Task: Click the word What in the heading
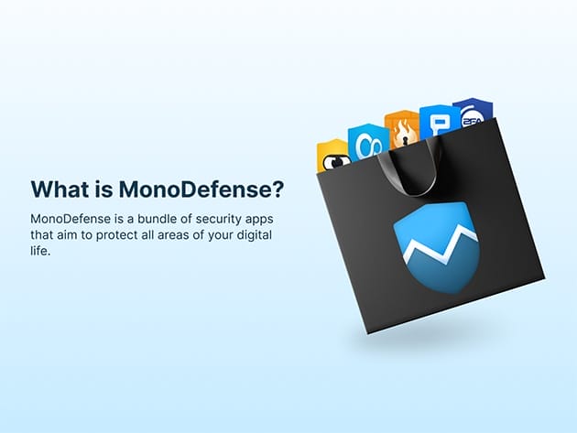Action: point(59,189)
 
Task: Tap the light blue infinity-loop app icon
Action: point(367,142)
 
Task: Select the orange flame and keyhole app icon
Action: point(401,131)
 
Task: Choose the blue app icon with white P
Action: point(439,123)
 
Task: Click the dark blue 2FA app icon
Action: point(472,112)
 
